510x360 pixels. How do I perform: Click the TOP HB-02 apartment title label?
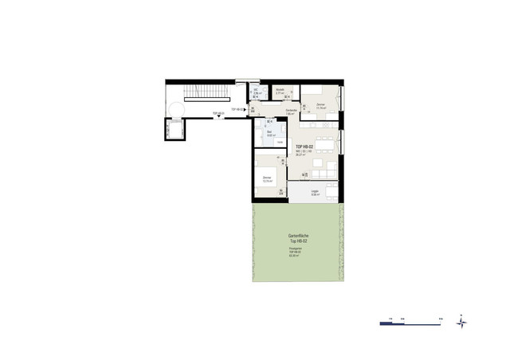pos(304,148)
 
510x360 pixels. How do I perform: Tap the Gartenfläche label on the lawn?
pos(299,238)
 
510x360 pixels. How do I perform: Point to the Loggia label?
pos(315,191)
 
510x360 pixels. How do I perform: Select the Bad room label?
pos(270,132)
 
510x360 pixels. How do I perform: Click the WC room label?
pos(255,92)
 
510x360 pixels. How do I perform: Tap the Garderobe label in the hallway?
pos(292,112)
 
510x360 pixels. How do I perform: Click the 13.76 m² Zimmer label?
pos(268,178)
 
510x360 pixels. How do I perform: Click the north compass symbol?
pos(462,323)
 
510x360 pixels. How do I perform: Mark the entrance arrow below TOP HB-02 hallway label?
pos(218,118)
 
